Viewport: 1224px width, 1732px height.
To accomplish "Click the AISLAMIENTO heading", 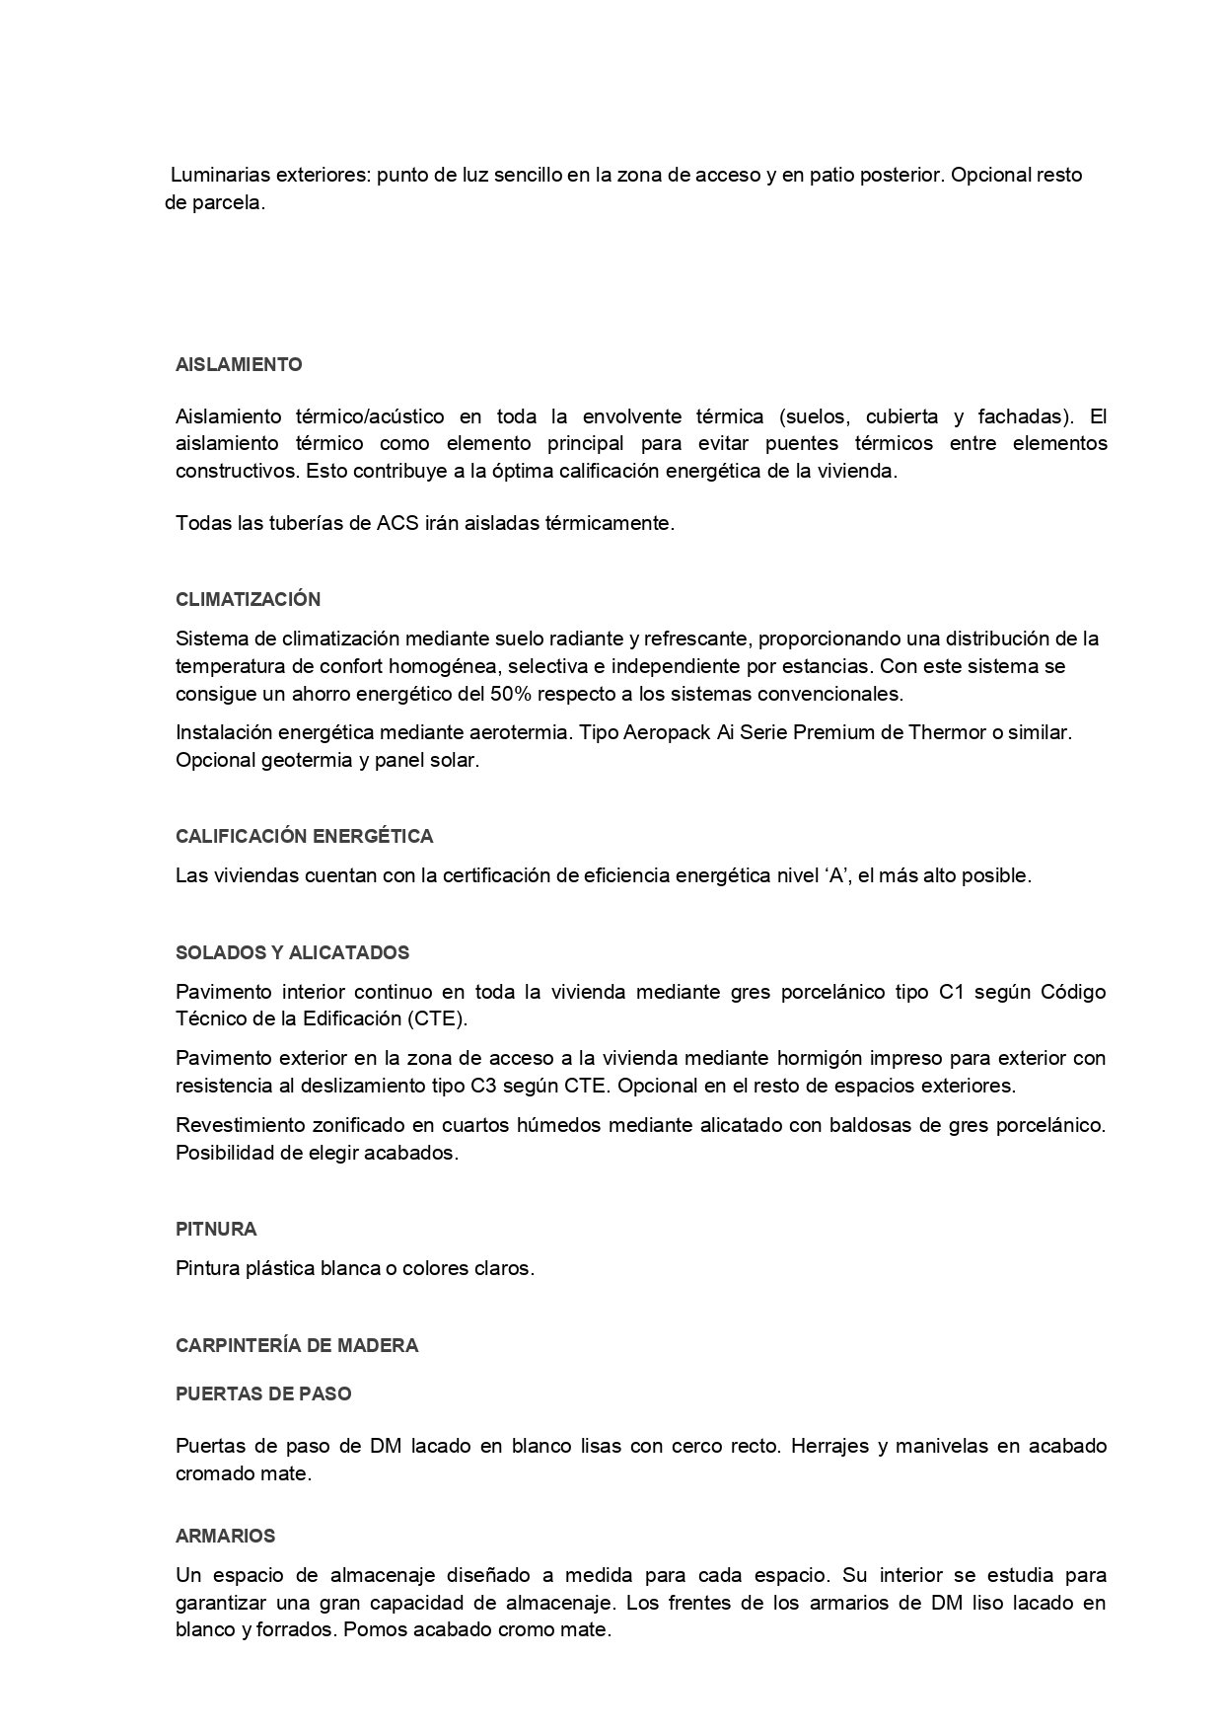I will tap(239, 365).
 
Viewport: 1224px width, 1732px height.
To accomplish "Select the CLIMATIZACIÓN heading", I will tap(248, 600).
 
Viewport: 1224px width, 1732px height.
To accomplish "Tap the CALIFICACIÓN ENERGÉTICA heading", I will tap(304, 837).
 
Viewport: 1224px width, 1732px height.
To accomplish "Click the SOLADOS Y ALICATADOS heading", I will tap(292, 953).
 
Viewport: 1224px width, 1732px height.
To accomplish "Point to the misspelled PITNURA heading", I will tap(216, 1230).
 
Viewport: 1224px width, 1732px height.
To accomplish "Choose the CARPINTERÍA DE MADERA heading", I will tap(297, 1346).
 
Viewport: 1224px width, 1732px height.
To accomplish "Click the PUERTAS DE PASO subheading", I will tap(263, 1394).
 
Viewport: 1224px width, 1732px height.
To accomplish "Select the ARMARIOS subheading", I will tap(225, 1537).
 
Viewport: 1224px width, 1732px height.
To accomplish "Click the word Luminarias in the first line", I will tap(218, 176).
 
